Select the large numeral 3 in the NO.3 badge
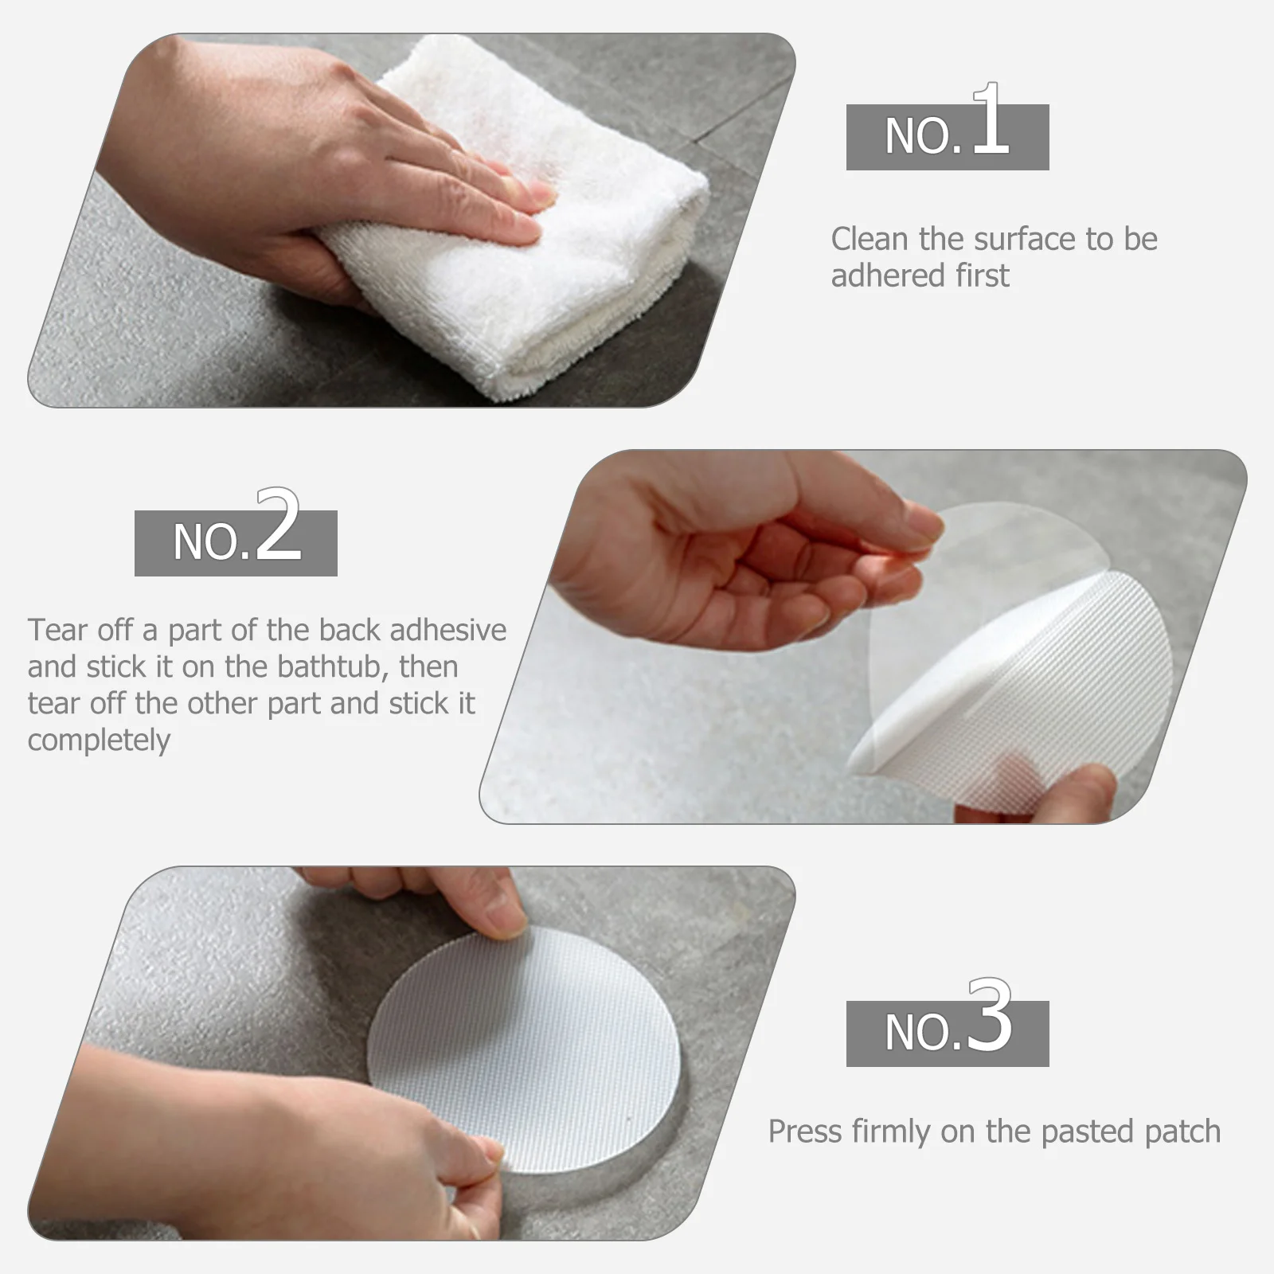pos(990,1017)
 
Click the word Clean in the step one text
pos(870,239)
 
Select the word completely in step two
pos(99,741)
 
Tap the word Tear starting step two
pos(57,630)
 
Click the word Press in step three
pos(805,1131)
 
